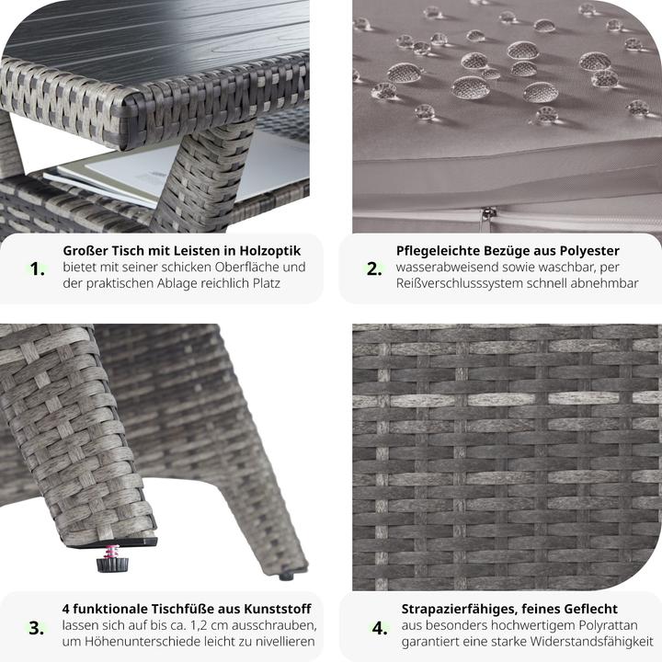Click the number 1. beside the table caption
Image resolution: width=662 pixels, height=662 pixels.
[x=37, y=268]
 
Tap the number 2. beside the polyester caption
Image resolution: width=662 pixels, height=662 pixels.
[x=373, y=268]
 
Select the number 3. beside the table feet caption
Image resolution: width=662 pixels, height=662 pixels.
[x=37, y=628]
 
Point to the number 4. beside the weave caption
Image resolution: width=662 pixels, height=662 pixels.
[x=379, y=628]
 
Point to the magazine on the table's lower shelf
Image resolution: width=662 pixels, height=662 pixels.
[x=101, y=175]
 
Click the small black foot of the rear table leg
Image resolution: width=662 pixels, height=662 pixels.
[x=286, y=576]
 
